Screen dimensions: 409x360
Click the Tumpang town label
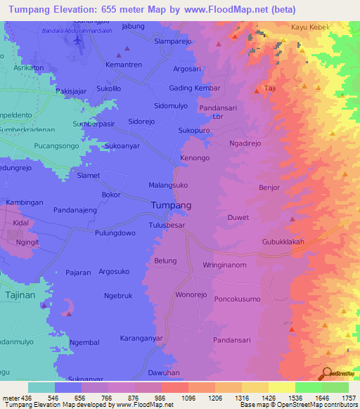[171, 205]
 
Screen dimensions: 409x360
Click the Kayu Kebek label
[309, 28]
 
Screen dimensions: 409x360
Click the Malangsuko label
[167, 184]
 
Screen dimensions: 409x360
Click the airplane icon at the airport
[77, 40]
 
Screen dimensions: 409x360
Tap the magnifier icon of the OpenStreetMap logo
[326, 373]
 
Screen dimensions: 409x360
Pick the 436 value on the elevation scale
[25, 398]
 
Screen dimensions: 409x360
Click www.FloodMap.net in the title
[230, 10]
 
